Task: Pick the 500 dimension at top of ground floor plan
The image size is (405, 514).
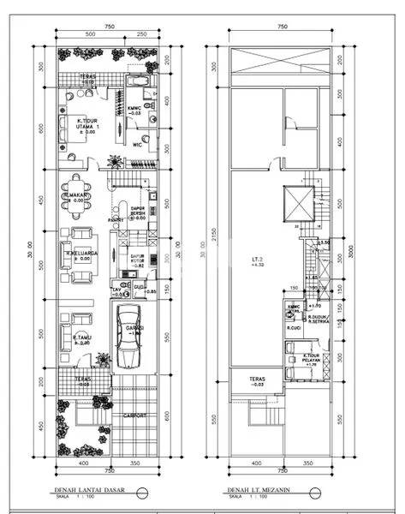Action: point(89,34)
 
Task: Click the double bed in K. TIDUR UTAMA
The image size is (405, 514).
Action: point(66,129)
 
